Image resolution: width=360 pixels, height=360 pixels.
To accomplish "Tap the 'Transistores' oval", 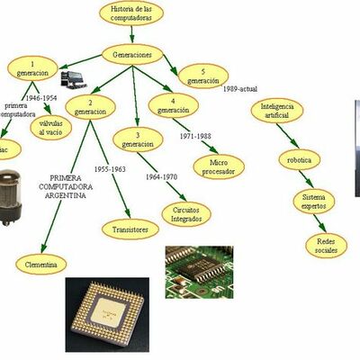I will [130, 229].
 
